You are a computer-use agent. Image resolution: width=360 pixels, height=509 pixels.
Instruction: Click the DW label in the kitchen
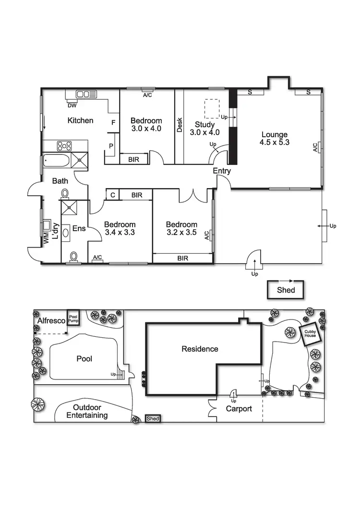72,106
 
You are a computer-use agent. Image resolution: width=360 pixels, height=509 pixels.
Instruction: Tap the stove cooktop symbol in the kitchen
64,146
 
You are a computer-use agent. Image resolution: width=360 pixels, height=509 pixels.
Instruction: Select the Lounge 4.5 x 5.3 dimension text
274,139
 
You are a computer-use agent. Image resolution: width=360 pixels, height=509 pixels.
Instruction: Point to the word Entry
222,171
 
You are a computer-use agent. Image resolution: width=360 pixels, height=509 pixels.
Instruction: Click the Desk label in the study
180,125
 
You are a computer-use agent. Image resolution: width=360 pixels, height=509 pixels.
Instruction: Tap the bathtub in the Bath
56,161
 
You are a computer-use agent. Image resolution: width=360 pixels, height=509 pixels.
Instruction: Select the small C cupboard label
112,195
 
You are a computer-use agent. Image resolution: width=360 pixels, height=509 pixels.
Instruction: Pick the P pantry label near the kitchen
110,146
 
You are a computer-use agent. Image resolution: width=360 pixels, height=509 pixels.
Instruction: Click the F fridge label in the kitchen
113,123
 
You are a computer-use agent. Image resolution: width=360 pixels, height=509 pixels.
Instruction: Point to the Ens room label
79,228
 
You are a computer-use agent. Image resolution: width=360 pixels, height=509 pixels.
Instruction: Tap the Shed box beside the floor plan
286,290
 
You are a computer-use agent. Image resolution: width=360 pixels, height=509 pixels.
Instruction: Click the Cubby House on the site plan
308,333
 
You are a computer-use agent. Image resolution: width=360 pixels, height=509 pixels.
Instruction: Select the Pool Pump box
73,317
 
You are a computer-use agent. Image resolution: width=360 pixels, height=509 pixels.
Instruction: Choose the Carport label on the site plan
239,409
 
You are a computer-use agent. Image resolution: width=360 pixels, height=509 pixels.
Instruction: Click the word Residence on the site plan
200,349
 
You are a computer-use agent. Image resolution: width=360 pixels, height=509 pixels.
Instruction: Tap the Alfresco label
49,320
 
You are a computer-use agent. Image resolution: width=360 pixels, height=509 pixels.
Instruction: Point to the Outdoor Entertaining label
87,411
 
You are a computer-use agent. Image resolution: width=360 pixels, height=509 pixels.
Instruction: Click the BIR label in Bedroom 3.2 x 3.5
183,258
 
